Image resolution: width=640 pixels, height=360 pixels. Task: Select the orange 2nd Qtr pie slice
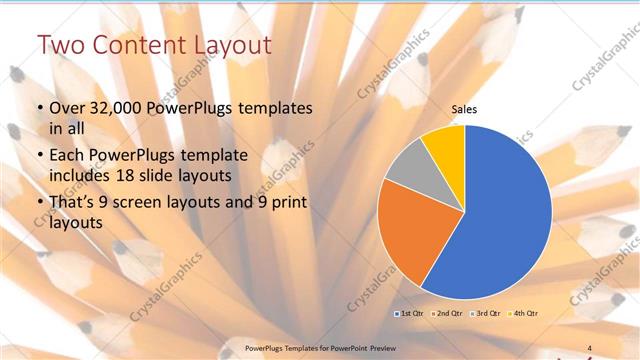(408, 234)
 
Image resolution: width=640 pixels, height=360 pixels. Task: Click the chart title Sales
(463, 111)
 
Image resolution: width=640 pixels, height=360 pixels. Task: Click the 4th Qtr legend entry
(527, 313)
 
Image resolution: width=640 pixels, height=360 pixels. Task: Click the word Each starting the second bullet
(67, 155)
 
